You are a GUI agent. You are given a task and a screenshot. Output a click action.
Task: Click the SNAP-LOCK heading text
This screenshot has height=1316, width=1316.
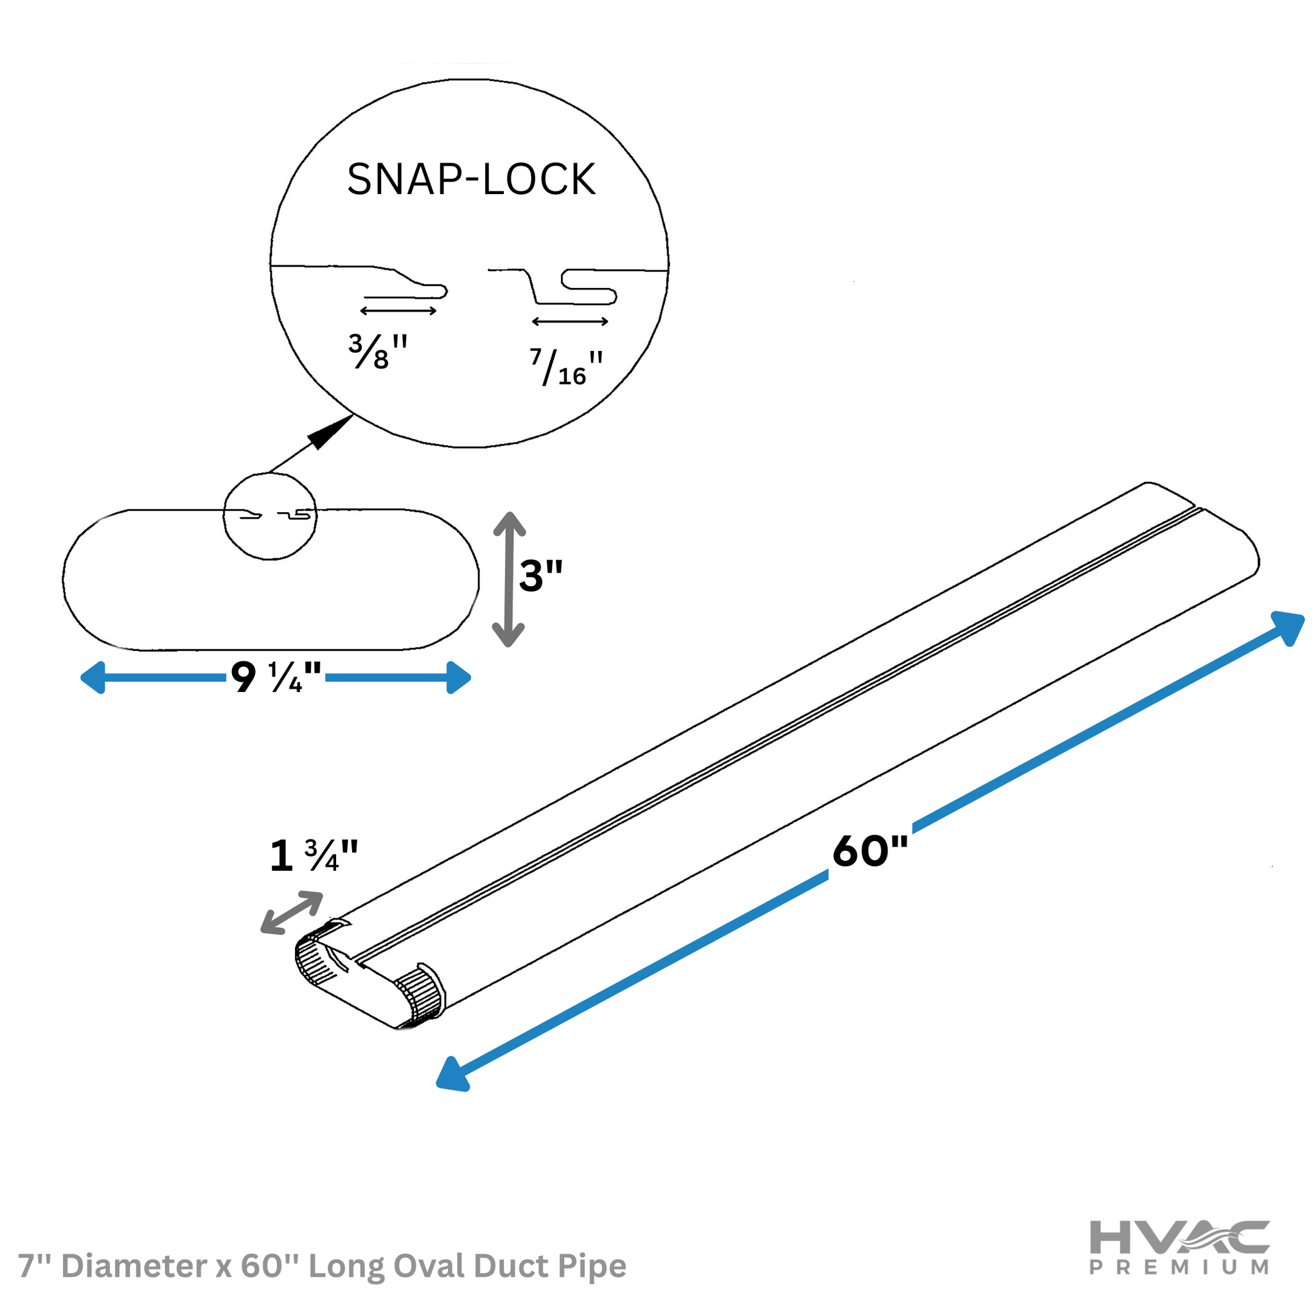click(x=472, y=179)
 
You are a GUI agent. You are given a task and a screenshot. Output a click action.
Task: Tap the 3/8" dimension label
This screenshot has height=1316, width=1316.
click(x=378, y=351)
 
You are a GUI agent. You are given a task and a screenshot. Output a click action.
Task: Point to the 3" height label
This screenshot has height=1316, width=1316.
click(x=541, y=576)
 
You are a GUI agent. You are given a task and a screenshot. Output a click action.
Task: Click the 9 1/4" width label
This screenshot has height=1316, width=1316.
click(x=276, y=677)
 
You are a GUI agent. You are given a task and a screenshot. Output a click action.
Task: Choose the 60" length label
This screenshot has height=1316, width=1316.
click(x=871, y=851)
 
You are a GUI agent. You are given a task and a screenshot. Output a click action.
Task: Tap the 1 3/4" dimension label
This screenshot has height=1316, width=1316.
click(x=314, y=855)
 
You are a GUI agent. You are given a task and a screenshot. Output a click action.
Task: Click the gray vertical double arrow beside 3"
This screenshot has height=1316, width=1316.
click(x=509, y=580)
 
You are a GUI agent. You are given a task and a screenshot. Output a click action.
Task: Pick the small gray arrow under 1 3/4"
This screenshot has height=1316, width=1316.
click(x=292, y=912)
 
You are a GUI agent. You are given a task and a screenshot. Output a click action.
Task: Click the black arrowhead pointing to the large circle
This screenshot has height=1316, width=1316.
click(x=331, y=432)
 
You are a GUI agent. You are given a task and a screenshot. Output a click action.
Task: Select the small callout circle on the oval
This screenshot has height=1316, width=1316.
click(x=271, y=517)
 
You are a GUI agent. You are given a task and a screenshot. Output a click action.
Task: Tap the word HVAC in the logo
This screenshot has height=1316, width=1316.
click(x=1180, y=1237)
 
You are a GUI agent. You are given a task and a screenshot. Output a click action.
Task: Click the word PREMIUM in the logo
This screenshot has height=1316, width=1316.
click(x=1180, y=1268)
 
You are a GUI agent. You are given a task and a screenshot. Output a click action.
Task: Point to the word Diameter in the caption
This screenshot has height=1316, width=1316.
click(x=135, y=1267)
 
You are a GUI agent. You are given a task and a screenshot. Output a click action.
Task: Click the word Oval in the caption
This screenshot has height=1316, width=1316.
click(x=431, y=1267)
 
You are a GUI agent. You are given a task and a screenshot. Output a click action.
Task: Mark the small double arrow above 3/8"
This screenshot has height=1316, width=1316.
click(x=398, y=311)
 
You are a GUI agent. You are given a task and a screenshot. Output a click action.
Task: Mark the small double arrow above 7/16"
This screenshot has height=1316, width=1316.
click(x=570, y=321)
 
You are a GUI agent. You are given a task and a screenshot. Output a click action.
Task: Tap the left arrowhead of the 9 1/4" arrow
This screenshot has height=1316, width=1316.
click(x=93, y=677)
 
